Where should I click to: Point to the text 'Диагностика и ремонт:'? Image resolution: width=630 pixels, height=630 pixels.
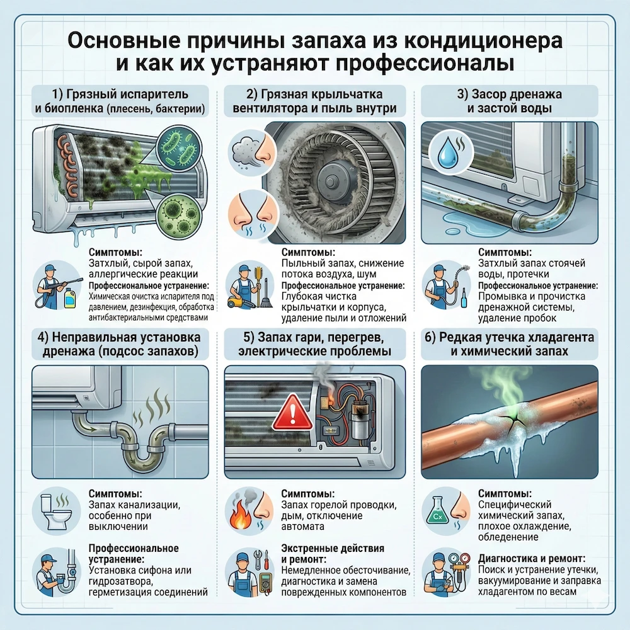pyautogui.click(x=533, y=558)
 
